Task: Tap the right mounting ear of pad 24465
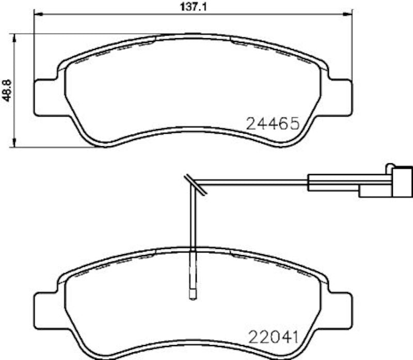point(339,98)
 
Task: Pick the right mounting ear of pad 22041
point(339,310)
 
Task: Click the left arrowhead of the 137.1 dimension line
point(38,15)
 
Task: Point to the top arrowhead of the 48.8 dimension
point(15,37)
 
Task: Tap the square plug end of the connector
point(402,181)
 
